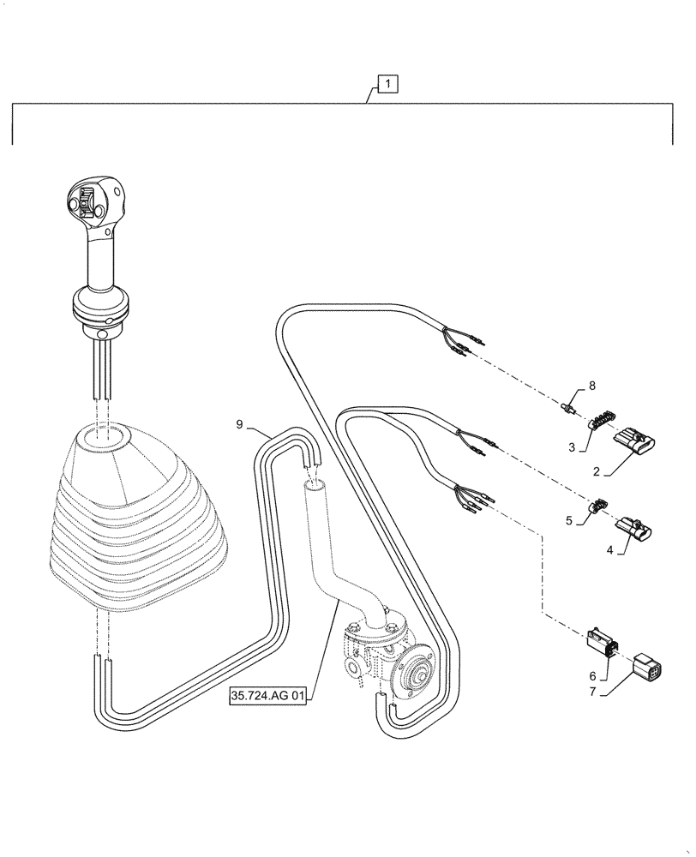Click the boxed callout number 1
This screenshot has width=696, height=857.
388,84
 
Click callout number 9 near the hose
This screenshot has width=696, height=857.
241,424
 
